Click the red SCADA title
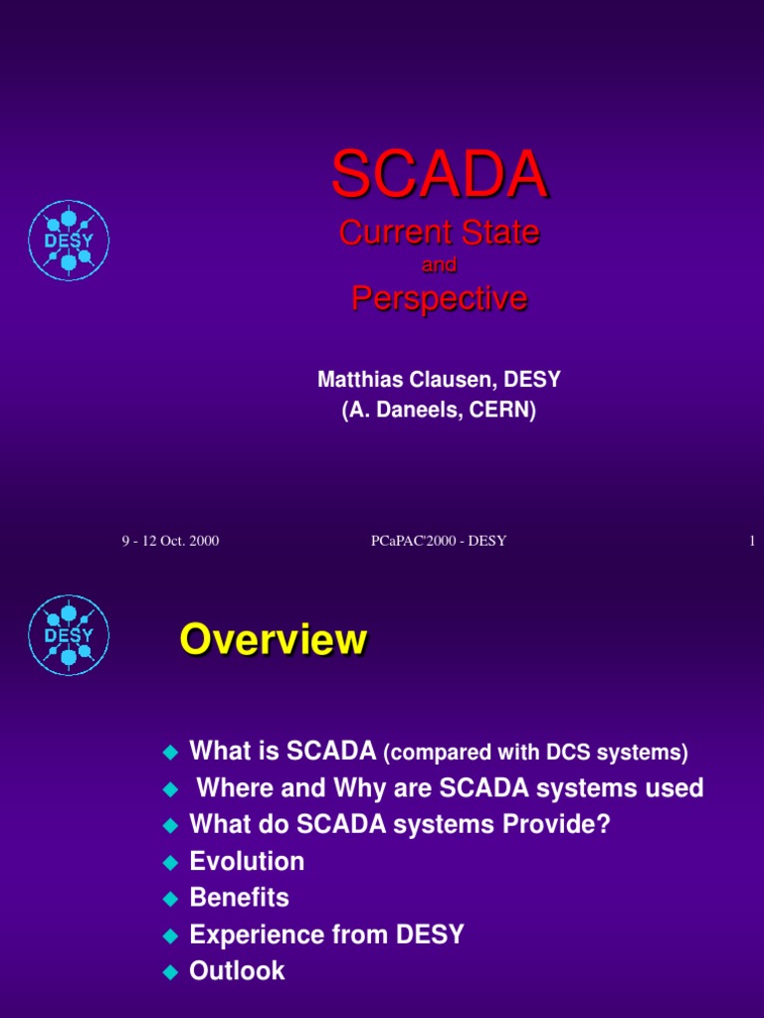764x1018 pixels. pyautogui.click(x=439, y=174)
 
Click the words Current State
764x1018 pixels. pyautogui.click(x=439, y=233)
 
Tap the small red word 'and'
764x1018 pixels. pyautogui.click(x=439, y=264)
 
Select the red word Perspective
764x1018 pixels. pyautogui.click(x=439, y=298)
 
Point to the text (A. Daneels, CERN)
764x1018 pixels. pyautogui.click(x=439, y=411)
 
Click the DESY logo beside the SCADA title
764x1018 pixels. pyautogui.click(x=69, y=241)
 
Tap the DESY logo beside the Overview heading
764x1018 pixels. pyautogui.click(x=69, y=635)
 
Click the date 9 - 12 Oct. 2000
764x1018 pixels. pyautogui.click(x=170, y=541)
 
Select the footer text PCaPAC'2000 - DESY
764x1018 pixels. pyautogui.click(x=439, y=541)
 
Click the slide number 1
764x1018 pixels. pyautogui.click(x=752, y=541)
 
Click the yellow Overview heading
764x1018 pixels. pyautogui.click(x=274, y=639)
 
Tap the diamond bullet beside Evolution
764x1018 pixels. pyautogui.click(x=171, y=863)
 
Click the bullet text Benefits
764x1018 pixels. pyautogui.click(x=239, y=898)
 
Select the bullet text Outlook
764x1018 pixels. pyautogui.click(x=237, y=971)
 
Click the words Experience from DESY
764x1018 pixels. pyautogui.click(x=326, y=934)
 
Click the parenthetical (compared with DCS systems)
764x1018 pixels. pyautogui.click(x=536, y=753)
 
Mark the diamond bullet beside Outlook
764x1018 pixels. pyautogui.click(x=171, y=972)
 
